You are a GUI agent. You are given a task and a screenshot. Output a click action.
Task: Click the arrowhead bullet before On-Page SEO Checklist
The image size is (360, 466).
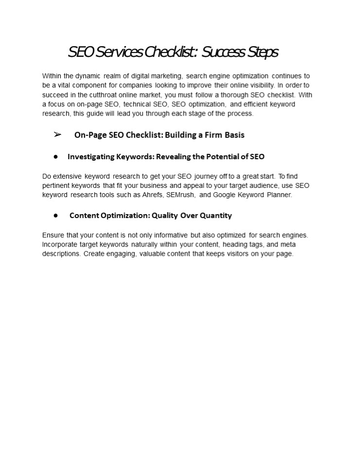(57, 134)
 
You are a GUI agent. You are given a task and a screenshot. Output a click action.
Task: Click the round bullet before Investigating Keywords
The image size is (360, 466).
(56, 157)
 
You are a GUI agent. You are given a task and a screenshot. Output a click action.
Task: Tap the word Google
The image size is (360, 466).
(224, 195)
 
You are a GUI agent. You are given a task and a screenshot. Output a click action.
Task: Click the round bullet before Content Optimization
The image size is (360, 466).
(56, 215)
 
